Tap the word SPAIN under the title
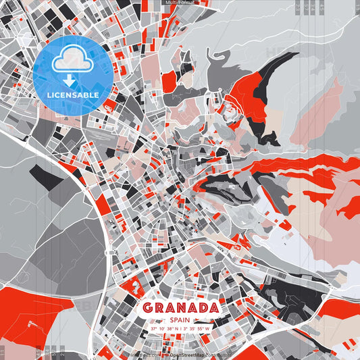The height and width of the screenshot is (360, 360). pos(180,319)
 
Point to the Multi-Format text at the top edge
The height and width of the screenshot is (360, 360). pos(180,3)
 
